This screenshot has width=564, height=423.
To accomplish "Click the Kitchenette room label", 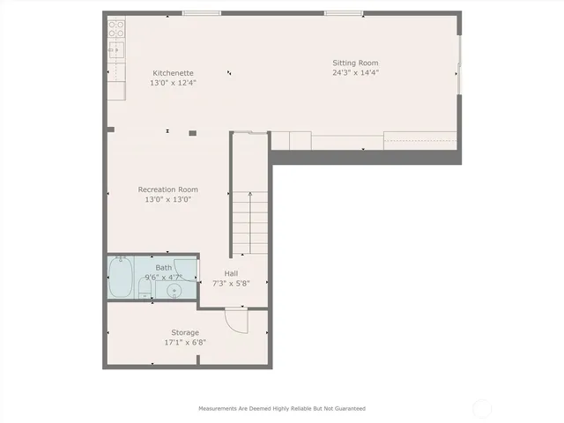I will (173, 73).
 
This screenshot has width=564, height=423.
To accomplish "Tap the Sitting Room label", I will (355, 63).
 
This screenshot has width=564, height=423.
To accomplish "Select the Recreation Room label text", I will (167, 189).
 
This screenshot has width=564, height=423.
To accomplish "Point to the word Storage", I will (185, 332).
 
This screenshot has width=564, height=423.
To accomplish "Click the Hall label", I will (231, 273).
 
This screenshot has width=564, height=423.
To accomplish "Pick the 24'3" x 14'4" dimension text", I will (355, 73).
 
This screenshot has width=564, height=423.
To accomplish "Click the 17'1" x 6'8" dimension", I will (185, 342).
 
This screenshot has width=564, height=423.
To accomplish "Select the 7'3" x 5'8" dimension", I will (231, 283).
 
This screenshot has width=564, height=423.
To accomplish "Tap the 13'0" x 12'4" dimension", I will (173, 83).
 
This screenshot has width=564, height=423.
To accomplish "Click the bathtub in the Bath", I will (120, 277).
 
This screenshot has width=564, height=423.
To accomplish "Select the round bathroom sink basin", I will (173, 289).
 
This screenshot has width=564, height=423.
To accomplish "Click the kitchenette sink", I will (115, 49).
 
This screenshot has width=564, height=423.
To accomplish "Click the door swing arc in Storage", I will (235, 320).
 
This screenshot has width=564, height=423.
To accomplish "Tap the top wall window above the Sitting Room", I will (344, 12).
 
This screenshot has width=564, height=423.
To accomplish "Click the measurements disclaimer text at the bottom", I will (282, 408).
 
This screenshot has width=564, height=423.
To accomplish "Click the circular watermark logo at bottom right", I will (482, 408).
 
